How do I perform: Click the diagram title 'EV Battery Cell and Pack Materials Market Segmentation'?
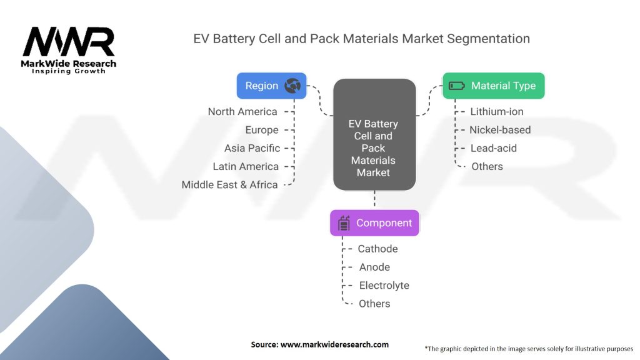[361, 39]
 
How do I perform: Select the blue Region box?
[271, 86]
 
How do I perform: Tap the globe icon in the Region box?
[292, 86]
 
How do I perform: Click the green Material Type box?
[493, 86]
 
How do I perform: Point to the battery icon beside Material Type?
[457, 86]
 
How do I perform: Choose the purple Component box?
[374, 223]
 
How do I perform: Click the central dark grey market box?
[374, 135]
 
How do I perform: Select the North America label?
[242, 112]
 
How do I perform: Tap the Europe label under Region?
[262, 130]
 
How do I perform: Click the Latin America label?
[246, 166]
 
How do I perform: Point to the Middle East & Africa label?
[229, 184]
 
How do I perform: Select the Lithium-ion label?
[497, 112]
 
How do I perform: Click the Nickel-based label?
[500, 130]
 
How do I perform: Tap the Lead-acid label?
[494, 148]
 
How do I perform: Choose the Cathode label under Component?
[377, 249]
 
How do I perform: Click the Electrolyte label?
[384, 285]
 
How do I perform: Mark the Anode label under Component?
[374, 267]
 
